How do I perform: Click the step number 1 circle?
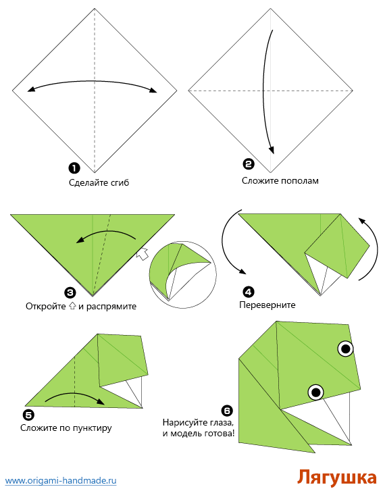[x=73, y=168]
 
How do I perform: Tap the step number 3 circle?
[x=70, y=292]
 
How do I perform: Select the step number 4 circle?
[x=249, y=292]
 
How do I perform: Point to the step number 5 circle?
[x=28, y=415]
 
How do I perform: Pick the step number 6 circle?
[x=226, y=410]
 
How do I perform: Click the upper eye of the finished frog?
[x=345, y=349]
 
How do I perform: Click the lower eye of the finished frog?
[x=315, y=392]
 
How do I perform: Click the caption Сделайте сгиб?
[x=99, y=182]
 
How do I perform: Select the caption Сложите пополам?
[x=280, y=180]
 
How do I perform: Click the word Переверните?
[x=267, y=305]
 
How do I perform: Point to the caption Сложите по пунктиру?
[x=66, y=428]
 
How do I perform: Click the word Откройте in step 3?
[x=46, y=306]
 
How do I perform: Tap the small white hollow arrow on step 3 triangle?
[x=142, y=254]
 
